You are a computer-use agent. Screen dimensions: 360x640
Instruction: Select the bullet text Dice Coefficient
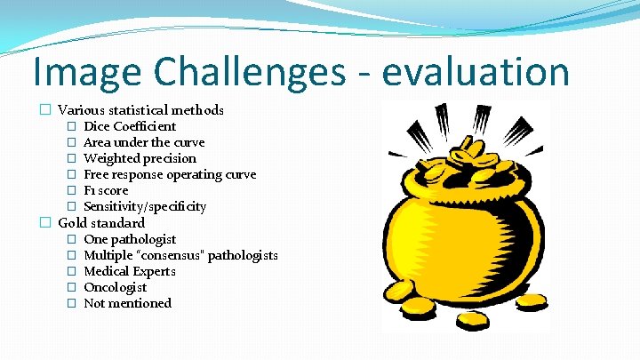(x=130, y=126)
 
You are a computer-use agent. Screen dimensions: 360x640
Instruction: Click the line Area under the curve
(x=144, y=142)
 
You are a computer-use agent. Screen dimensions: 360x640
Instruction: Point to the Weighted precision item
(x=140, y=158)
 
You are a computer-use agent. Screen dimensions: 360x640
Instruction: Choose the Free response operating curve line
(x=170, y=174)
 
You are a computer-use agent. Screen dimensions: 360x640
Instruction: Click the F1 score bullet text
(x=106, y=190)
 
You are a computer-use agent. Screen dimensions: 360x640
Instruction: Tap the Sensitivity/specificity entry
(x=145, y=206)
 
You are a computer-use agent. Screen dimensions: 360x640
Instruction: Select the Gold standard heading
(x=101, y=222)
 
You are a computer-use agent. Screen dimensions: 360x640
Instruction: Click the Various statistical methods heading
(x=140, y=110)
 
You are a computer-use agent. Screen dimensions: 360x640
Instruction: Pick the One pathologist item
(x=130, y=239)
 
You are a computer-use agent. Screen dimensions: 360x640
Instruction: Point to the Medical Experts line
(x=130, y=271)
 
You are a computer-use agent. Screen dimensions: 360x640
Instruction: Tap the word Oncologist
(x=115, y=287)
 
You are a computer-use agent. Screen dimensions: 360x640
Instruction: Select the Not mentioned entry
(x=127, y=303)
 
